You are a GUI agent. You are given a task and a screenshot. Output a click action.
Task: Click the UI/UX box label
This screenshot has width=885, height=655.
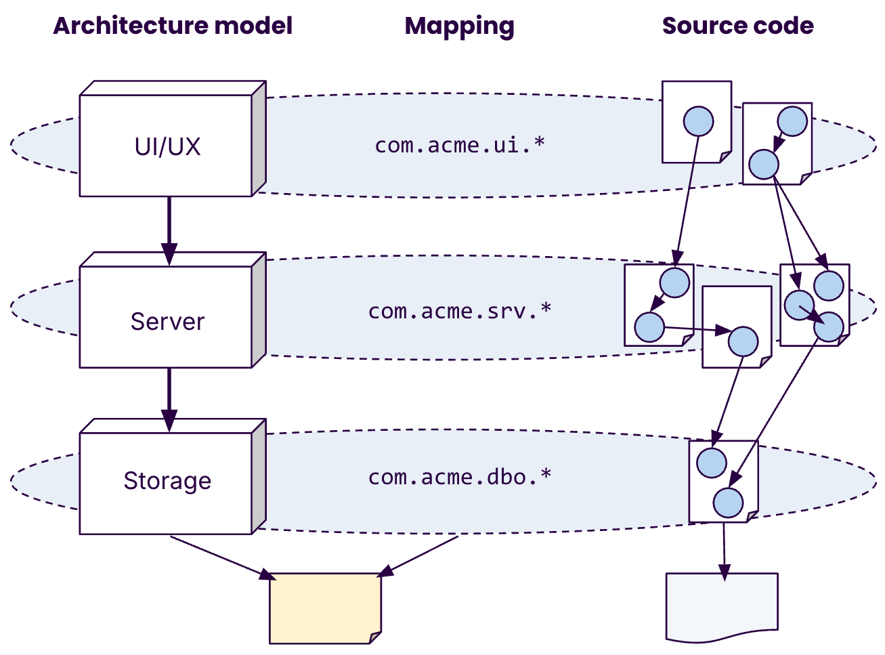click(167, 146)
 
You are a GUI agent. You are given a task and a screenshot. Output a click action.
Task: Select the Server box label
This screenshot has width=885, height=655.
click(167, 321)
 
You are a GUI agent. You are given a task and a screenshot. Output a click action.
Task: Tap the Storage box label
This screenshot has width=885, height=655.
click(167, 480)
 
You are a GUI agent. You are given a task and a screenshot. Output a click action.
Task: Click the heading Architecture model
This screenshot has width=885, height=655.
click(173, 26)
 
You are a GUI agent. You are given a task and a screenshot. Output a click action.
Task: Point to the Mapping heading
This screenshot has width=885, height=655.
click(459, 26)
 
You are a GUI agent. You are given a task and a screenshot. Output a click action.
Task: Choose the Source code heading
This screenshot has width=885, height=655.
click(737, 26)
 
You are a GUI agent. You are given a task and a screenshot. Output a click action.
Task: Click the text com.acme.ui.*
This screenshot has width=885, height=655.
click(460, 145)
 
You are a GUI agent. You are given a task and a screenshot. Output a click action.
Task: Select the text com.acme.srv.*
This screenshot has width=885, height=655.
click(460, 311)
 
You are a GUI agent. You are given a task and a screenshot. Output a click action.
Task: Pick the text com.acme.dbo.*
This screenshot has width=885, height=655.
click(460, 477)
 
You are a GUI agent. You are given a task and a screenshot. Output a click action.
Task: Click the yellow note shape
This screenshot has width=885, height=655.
click(325, 608)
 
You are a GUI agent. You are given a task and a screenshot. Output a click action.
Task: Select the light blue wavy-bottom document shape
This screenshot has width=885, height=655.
click(722, 606)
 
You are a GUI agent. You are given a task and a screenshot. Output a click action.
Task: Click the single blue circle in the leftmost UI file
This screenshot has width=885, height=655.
click(698, 122)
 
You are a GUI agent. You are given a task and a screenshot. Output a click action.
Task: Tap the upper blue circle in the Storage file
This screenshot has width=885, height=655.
click(711, 463)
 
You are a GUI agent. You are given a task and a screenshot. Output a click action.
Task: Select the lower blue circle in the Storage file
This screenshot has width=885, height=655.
click(728, 503)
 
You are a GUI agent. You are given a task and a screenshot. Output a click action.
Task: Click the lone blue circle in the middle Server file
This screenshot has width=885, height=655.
click(743, 342)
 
